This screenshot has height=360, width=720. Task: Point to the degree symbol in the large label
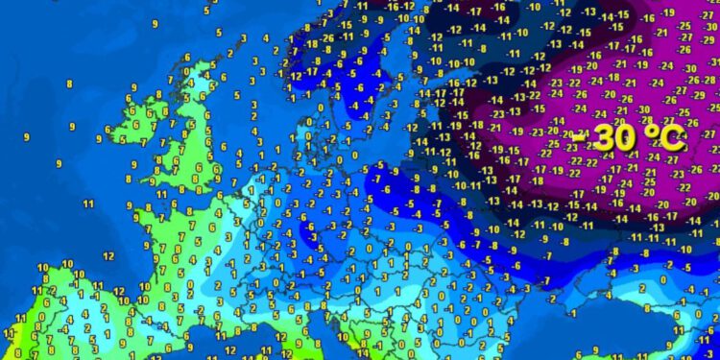[x=636, y=132]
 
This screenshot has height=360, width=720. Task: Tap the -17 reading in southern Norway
[x=311, y=72]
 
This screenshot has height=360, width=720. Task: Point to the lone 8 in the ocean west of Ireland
[x=69, y=84]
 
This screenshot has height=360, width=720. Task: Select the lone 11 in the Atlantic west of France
[x=87, y=204]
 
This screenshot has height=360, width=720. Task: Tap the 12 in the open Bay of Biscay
[x=108, y=256]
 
